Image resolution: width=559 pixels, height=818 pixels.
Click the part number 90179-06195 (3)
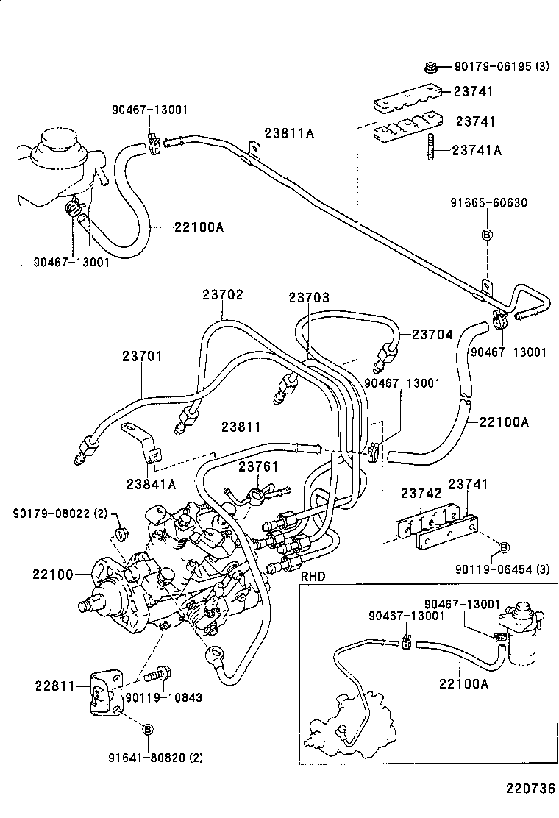(501, 67)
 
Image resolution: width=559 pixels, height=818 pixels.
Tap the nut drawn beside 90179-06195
(432, 68)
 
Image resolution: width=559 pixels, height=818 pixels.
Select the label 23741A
(476, 150)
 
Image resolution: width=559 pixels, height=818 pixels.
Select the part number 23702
(223, 294)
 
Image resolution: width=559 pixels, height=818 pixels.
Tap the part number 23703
(309, 298)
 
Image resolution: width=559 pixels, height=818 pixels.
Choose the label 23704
(432, 334)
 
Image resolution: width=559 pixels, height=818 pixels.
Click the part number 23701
(143, 357)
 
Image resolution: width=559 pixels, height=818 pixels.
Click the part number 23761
(257, 466)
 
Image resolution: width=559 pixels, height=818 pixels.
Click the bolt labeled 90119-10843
(160, 672)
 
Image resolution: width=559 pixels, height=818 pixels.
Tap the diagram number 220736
(529, 789)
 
